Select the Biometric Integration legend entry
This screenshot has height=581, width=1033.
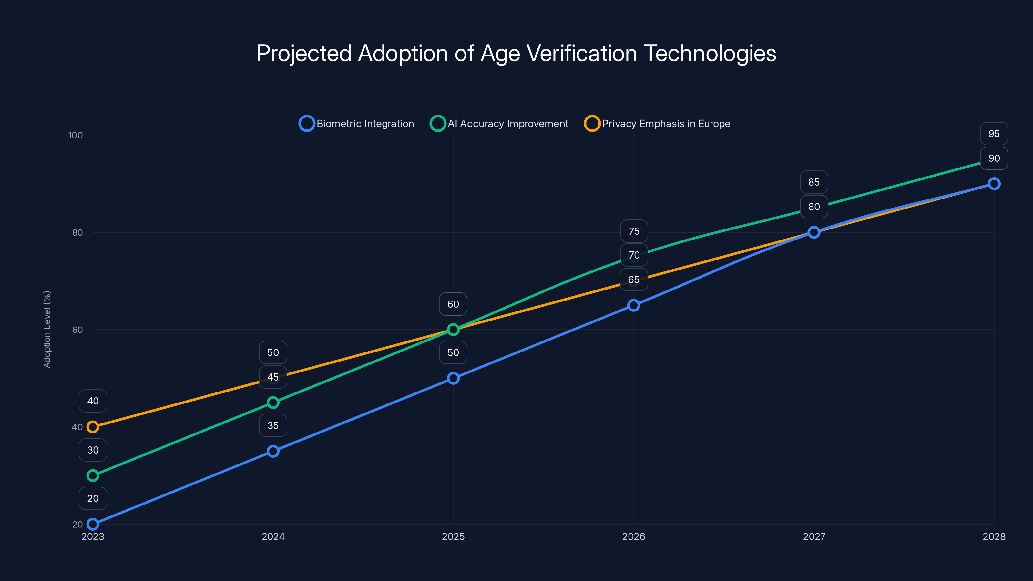point(356,124)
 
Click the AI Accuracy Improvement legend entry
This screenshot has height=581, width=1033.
point(499,124)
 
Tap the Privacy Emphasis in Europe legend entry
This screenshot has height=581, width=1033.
point(657,124)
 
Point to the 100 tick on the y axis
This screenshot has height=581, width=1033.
point(76,135)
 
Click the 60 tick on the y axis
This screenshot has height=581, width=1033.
point(77,330)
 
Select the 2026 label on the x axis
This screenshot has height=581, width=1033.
point(633,536)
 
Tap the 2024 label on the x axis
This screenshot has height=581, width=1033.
point(273,536)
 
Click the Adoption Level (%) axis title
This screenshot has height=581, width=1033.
point(47,329)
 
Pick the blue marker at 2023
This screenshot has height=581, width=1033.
point(93,524)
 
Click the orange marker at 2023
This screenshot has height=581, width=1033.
point(93,427)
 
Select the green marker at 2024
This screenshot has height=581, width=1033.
point(273,402)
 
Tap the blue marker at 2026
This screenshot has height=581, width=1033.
point(633,305)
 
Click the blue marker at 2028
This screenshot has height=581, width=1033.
point(994,184)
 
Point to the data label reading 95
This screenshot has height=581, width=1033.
point(994,134)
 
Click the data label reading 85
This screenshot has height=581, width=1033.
point(813,182)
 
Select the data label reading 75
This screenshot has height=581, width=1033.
point(634,231)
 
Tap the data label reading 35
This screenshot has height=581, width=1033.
point(273,425)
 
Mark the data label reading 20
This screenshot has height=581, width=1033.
point(93,498)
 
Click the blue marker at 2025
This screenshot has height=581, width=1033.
point(453,378)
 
